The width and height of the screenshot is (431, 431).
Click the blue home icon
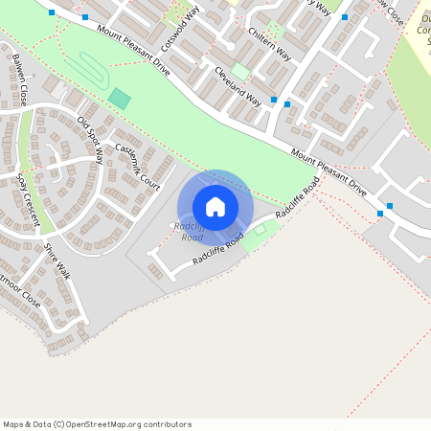click(x=215, y=206)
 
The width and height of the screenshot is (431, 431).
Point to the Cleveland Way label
click(x=238, y=85)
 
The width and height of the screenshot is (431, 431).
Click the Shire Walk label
click(x=57, y=261)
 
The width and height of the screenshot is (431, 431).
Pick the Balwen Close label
click(x=19, y=82)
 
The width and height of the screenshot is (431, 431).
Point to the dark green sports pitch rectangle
click(x=120, y=98)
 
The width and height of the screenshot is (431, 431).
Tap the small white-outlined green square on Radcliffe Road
click(x=260, y=230)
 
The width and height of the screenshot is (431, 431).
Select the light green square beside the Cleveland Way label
click(x=240, y=72)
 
